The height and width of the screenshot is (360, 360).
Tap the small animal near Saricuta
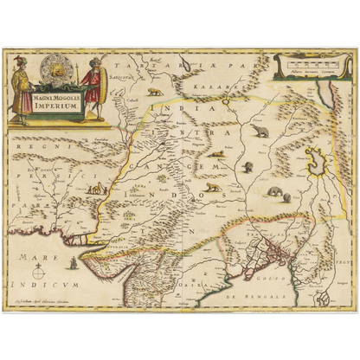(x=154, y=90)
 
